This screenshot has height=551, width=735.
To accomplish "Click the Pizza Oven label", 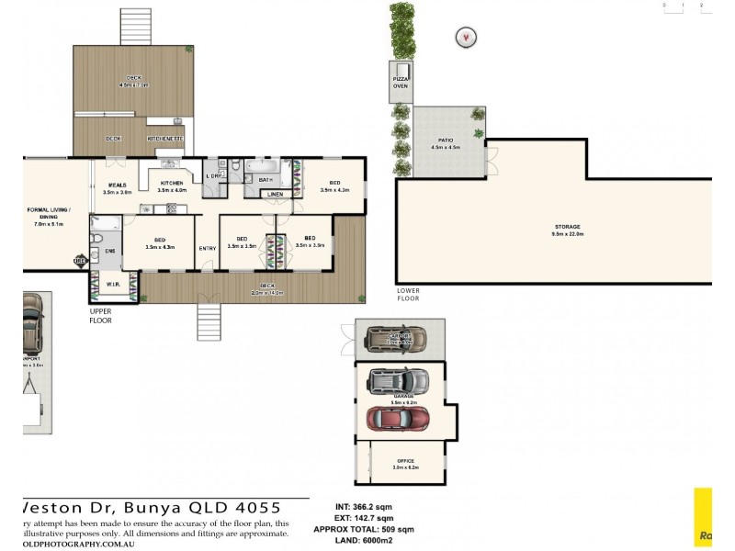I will point(401,83).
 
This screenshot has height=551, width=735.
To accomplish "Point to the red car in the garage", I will point(399,418).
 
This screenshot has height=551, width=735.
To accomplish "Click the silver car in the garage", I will point(399,379).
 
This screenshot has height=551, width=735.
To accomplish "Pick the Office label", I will point(405,463).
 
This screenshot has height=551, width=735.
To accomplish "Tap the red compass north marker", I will point(467,38).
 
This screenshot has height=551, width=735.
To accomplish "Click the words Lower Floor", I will point(408,295).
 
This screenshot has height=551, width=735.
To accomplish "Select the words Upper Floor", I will point(101,316).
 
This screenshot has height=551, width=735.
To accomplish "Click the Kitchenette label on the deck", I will point(165,139).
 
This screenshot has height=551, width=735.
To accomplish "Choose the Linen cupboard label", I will point(275,195).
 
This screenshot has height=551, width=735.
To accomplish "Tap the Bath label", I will point(266,180).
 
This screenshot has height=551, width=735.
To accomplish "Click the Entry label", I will point(207,248).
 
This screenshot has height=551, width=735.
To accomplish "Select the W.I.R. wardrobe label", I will point(113,284).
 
